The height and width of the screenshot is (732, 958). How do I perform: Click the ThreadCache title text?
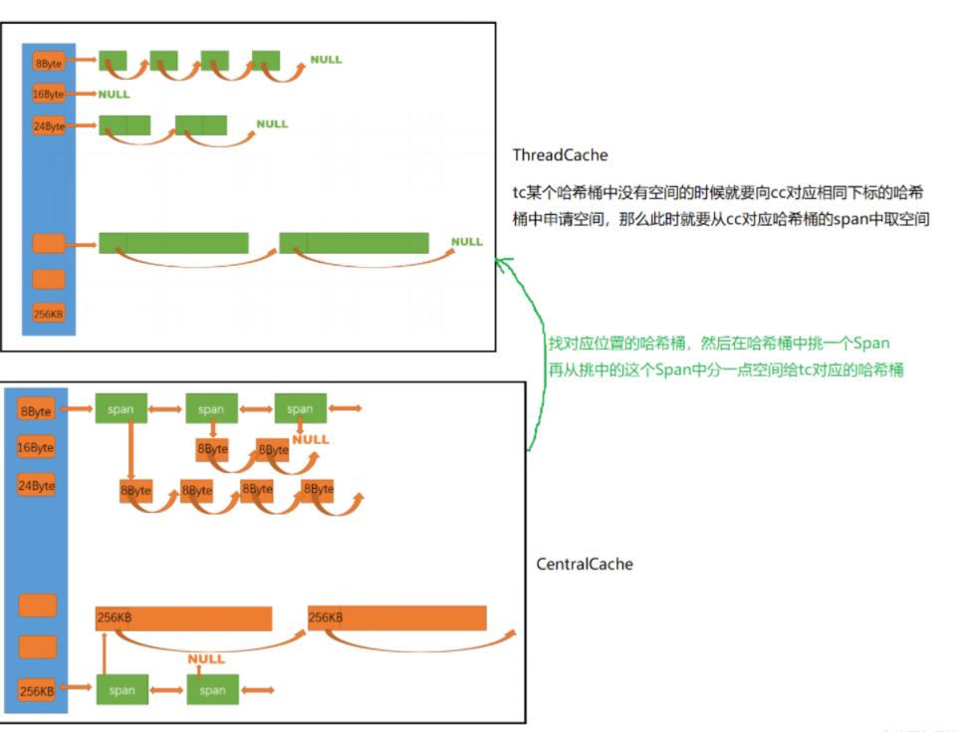560,155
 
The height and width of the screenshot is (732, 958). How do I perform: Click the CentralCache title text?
585,565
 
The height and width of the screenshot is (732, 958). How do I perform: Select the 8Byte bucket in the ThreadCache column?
49,63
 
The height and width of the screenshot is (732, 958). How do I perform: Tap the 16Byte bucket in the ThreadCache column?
49,95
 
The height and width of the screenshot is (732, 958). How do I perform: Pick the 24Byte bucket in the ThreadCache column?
49,126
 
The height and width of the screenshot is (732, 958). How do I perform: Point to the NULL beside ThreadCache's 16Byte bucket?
114,95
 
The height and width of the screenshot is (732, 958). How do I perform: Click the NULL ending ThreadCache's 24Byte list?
272,124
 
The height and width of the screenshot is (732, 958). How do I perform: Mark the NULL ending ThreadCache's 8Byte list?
326,60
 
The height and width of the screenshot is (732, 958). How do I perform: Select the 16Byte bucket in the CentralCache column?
36,447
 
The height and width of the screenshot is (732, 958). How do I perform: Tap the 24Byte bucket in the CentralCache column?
36,485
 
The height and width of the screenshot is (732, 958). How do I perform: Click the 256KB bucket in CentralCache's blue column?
37,690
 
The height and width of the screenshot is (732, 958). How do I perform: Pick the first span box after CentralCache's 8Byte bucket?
121,408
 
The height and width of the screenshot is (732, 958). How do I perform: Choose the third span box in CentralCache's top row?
300,408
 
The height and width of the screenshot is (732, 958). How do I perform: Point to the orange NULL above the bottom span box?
206,659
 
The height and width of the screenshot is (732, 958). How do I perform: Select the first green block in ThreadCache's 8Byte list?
113,61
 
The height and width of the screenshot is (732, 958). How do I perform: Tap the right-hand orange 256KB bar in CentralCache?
397,618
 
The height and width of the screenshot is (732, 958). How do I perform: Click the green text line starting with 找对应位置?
718,344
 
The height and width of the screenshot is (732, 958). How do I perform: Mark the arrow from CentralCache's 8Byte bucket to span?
77,408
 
